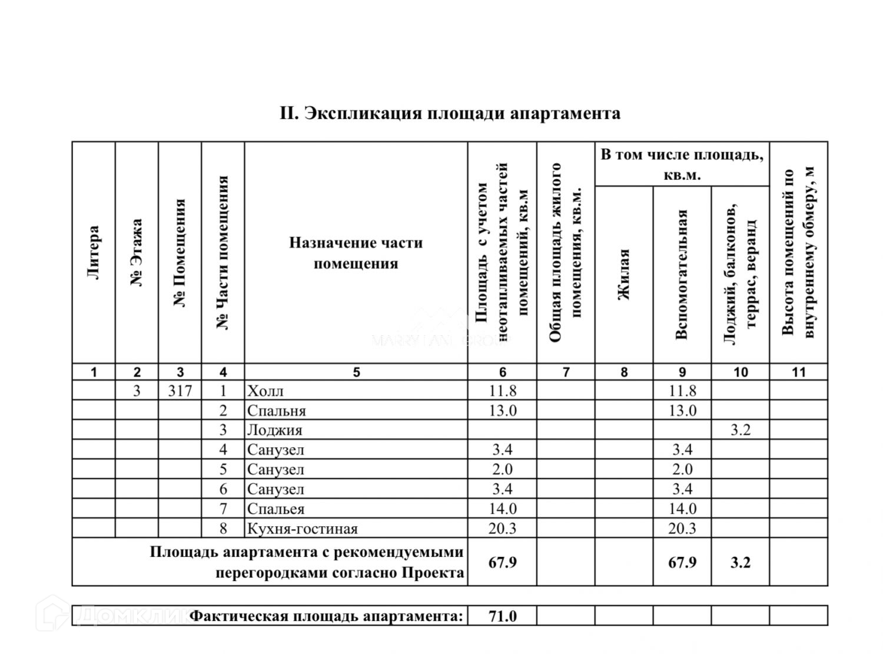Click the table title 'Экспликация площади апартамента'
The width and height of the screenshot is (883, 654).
(x=450, y=113)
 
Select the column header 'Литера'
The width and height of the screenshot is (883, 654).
(x=93, y=252)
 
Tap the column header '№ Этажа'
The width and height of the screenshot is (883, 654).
(x=137, y=252)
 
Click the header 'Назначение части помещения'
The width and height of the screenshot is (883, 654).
(x=356, y=253)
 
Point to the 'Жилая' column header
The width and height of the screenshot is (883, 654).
(x=623, y=275)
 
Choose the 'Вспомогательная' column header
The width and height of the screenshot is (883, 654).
(x=682, y=275)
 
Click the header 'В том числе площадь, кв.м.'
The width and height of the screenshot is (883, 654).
(x=682, y=164)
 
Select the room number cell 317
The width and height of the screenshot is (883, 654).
(x=180, y=391)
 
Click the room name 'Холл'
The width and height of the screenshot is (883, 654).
(x=265, y=391)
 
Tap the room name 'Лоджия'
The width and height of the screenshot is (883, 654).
(x=274, y=430)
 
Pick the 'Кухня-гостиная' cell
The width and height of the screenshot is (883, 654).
(x=303, y=529)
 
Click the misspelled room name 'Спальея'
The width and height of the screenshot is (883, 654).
(x=275, y=509)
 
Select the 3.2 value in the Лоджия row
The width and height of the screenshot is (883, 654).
(x=740, y=430)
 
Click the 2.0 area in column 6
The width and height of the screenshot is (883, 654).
(x=502, y=470)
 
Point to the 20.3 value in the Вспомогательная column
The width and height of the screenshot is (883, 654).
(x=682, y=529)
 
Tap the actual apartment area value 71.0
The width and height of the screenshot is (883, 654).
(x=502, y=616)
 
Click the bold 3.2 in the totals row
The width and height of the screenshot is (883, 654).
(x=740, y=562)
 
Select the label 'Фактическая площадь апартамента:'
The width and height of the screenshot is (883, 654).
(x=327, y=616)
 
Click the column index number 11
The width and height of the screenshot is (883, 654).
(x=798, y=372)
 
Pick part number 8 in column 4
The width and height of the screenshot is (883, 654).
(x=223, y=529)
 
